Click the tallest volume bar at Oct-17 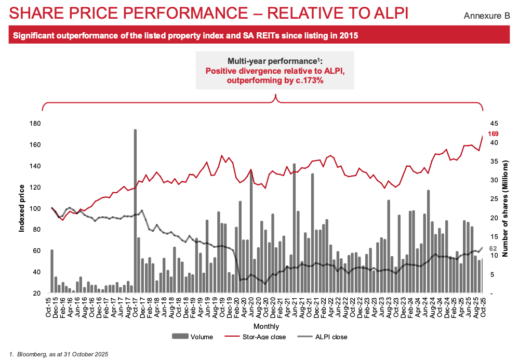coord(135,208)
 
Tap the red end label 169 coord(493,134)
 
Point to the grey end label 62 coord(493,249)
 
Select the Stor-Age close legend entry coord(261,337)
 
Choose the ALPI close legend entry coord(325,337)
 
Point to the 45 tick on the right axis coord(494,123)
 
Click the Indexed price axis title coord(22,208)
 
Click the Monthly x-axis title coord(266,326)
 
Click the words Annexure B coord(486,16)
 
